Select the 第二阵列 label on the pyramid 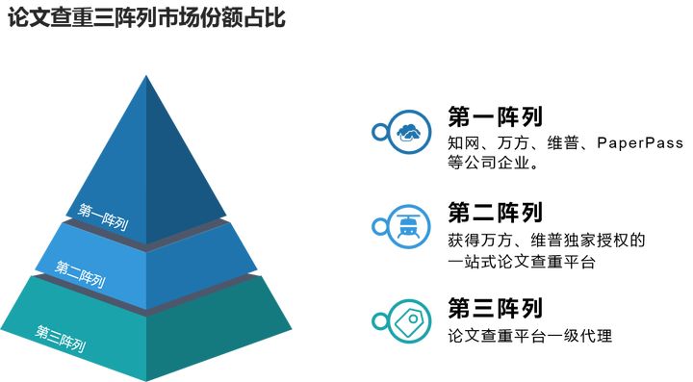(80, 274)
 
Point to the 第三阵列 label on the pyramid (61, 338)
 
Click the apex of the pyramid (146, 74)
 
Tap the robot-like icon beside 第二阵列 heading (408, 226)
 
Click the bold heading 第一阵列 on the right (495, 116)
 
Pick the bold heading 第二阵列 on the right (495, 213)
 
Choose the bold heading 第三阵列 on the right (495, 308)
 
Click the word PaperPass (639, 143)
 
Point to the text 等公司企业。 (492, 165)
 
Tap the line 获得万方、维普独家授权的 (546, 240)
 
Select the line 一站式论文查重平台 (522, 262)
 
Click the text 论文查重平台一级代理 (529, 336)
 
